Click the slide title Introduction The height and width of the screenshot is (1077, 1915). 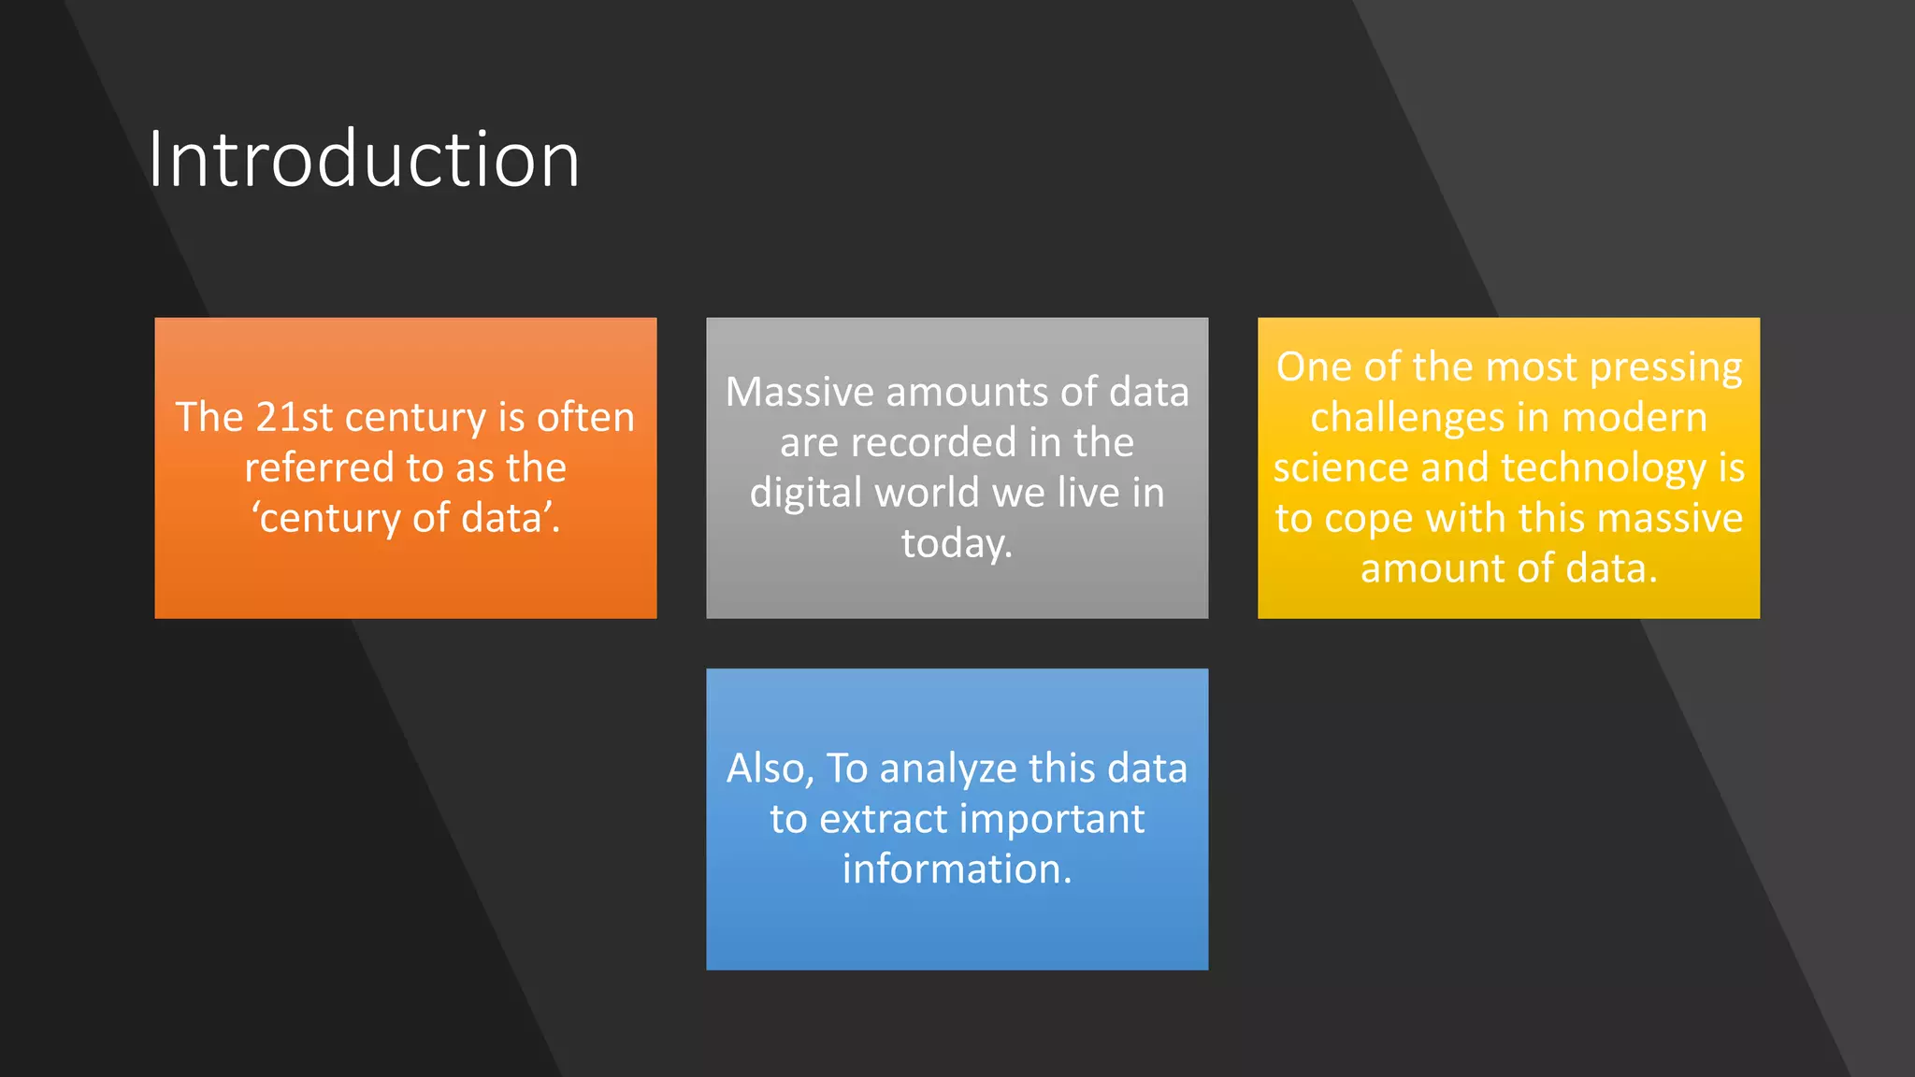[x=363, y=160]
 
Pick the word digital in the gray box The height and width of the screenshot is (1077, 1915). [x=805, y=493]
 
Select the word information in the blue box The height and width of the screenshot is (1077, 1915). [x=956, y=869]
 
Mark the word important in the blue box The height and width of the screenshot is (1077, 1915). [x=1051, y=820]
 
